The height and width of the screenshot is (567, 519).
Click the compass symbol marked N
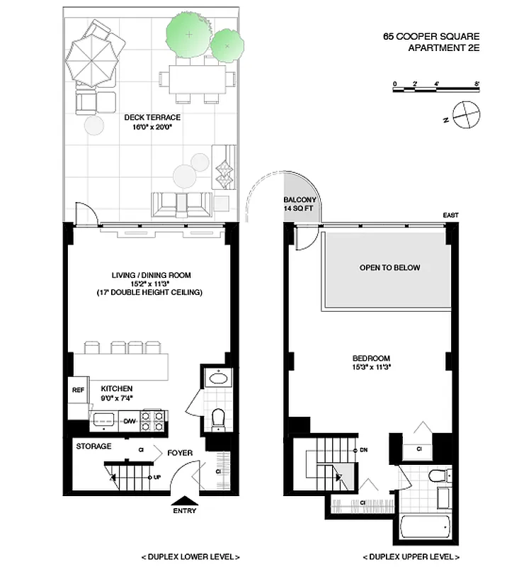pos(465,114)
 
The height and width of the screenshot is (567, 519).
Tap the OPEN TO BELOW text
pos(389,268)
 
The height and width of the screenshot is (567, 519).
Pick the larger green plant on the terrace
pos(188,33)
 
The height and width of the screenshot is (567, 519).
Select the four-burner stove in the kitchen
pos(153,420)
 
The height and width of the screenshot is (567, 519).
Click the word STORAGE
pos(93,447)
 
